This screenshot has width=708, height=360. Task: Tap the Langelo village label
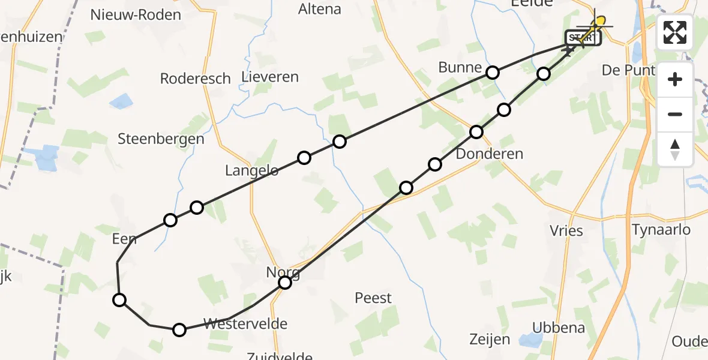[x=252, y=170]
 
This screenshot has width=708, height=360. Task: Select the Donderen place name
[x=490, y=154]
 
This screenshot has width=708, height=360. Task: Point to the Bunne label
[x=460, y=67]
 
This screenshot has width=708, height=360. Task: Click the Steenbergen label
[x=161, y=139]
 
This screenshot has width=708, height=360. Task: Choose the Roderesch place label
[x=196, y=78]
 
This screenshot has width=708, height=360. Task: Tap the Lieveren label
[x=269, y=77]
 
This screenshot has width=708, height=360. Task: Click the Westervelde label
[x=245, y=324]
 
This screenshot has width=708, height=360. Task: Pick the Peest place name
[x=373, y=298]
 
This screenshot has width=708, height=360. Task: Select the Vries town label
[x=566, y=230]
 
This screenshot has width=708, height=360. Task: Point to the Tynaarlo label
[x=661, y=229]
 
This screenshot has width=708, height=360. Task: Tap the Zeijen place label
[x=491, y=340]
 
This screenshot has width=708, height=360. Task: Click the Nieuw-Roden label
[x=136, y=15]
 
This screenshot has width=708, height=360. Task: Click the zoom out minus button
[x=675, y=114]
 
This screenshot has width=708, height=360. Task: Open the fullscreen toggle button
[x=675, y=32]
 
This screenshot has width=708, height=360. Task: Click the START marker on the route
[x=581, y=38]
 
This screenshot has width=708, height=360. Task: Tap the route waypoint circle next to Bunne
[x=493, y=73]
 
